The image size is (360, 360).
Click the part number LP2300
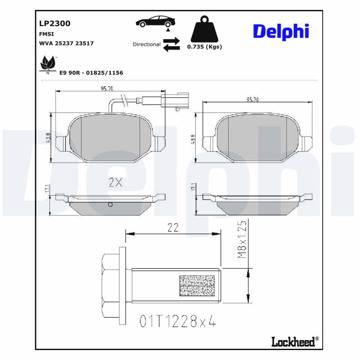(x=55, y=23)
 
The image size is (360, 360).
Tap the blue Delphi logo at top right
(x=281, y=31)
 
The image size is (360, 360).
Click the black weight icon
(x=204, y=30)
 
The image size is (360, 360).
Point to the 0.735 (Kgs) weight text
(x=204, y=46)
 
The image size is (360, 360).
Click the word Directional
(x=146, y=45)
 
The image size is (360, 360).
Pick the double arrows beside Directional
(x=171, y=45)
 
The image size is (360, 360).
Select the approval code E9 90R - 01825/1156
(x=91, y=72)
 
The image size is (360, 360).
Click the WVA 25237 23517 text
(x=67, y=44)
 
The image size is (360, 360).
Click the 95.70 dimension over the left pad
(x=107, y=89)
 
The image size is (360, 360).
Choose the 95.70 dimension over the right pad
(x=252, y=99)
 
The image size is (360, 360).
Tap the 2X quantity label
(x=116, y=182)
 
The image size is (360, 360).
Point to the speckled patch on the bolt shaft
(x=197, y=286)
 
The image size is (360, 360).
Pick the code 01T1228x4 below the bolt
(x=178, y=321)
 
